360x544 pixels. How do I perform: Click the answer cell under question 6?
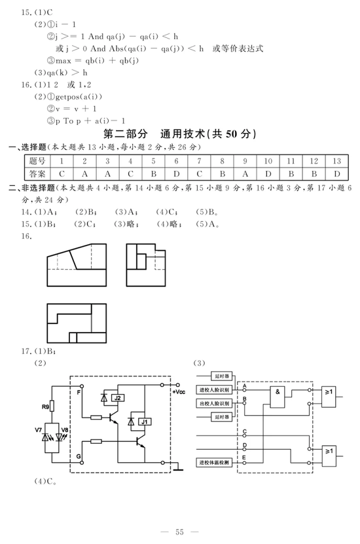[176, 174]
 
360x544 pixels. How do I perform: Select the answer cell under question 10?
[268, 174]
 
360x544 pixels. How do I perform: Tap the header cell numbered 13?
[336, 161]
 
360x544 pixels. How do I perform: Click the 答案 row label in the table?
[37, 174]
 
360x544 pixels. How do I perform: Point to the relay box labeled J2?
[118, 398]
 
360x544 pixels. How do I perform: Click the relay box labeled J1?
[144, 422]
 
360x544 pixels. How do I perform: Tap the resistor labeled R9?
[52, 406]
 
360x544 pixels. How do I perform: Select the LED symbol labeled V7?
[45, 437]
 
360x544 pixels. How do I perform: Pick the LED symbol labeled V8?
[59, 437]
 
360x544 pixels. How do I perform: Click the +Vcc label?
[179, 392]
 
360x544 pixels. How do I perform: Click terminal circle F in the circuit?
[82, 386]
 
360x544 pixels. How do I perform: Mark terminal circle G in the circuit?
[82, 462]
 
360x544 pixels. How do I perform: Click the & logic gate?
[278, 397]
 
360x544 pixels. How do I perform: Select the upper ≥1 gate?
[329, 397]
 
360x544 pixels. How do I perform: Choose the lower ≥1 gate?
[329, 456]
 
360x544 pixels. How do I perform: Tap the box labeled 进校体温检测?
[214, 462]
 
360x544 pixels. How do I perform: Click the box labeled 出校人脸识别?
[214, 403]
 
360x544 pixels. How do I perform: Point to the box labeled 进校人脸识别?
[214, 390]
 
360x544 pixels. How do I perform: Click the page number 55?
[179, 532]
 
